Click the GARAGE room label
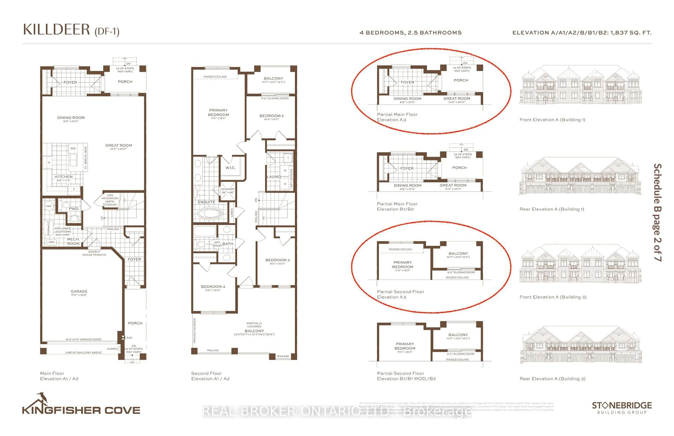click(79, 291)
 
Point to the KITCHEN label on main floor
click(64, 177)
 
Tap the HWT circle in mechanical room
click(48, 206)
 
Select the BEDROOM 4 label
click(213, 286)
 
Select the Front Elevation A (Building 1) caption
click(552, 120)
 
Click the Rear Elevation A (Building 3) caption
click(552, 379)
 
